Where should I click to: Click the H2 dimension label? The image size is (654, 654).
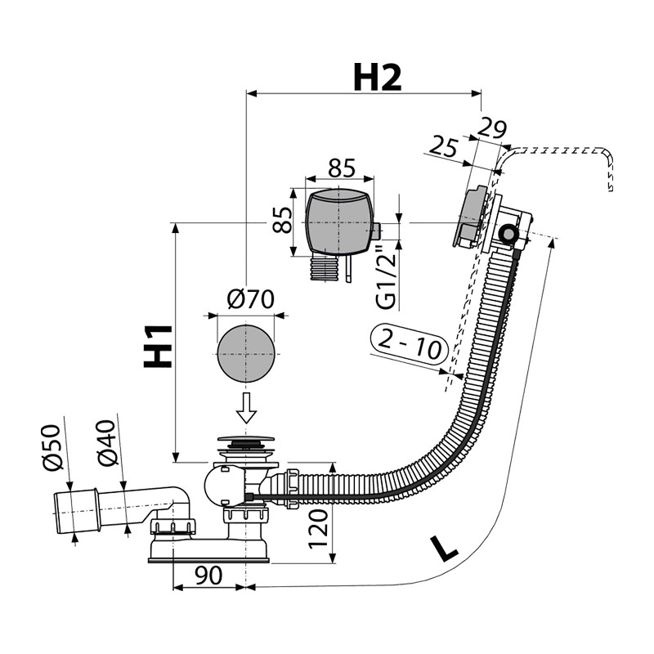click(377, 78)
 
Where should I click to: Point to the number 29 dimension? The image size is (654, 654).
click(492, 128)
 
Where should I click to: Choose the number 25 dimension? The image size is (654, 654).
click(442, 147)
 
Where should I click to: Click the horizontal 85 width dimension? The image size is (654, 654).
click(340, 168)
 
